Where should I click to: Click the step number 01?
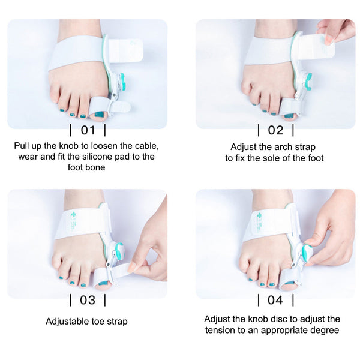click(88, 130)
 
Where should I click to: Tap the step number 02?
click(275, 130)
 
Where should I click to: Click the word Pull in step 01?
click(23, 146)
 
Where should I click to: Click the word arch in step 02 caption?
click(287, 147)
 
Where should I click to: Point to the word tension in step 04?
click(221, 330)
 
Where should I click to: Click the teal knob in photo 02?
click(308, 78)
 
